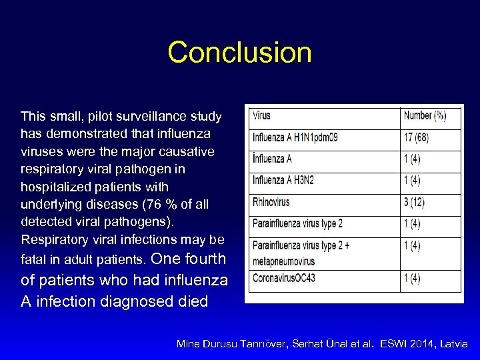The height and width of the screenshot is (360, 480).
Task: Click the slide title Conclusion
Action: click(x=239, y=53)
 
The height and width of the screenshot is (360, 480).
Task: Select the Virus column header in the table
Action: click(x=261, y=116)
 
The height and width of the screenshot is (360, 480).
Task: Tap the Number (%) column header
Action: click(x=425, y=116)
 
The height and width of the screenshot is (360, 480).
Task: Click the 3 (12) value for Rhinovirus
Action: click(x=414, y=201)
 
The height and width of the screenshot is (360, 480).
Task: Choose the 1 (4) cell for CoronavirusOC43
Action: click(x=412, y=278)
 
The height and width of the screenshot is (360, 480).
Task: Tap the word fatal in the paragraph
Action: click(x=33, y=258)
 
